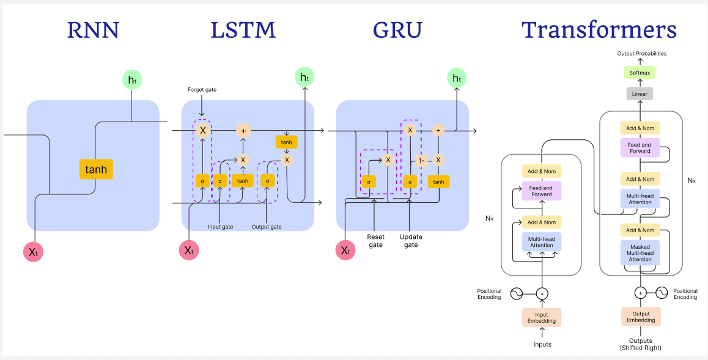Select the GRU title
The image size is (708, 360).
coord(397,30)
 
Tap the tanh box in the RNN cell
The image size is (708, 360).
coord(96,169)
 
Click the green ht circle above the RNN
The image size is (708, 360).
coord(132,79)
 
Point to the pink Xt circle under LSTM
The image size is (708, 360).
coord(189,250)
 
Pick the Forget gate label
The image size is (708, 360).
coord(202,90)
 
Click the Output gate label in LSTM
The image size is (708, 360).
coord(267,227)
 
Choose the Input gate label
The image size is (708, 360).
coord(220,227)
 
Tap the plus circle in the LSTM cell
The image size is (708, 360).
coord(243,130)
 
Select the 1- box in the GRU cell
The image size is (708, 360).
coord(421,161)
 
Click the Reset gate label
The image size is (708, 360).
coord(375,240)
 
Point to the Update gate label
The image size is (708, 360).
coord(410,240)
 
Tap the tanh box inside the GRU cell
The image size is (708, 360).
coord(438,182)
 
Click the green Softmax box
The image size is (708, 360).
coord(640,73)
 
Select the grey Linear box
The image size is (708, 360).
coord(640,94)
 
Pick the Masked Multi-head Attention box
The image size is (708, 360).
coord(640,253)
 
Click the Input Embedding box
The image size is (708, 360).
coord(542,317)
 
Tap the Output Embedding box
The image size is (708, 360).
coord(640,317)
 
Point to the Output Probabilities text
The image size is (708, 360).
coord(641,54)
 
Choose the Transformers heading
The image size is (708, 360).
coord(599,30)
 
